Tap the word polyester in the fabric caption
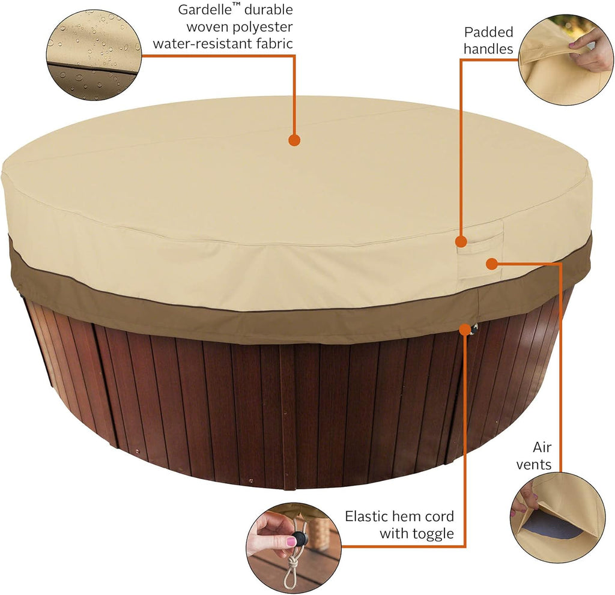point(262,28)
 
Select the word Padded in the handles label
point(488,32)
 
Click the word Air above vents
point(542,447)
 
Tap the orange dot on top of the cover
point(294,140)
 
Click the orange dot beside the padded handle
point(462,241)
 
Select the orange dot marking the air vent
point(491,264)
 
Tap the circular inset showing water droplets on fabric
point(94,55)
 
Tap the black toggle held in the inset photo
point(300,537)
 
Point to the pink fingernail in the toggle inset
point(291,542)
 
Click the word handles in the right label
point(488,49)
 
